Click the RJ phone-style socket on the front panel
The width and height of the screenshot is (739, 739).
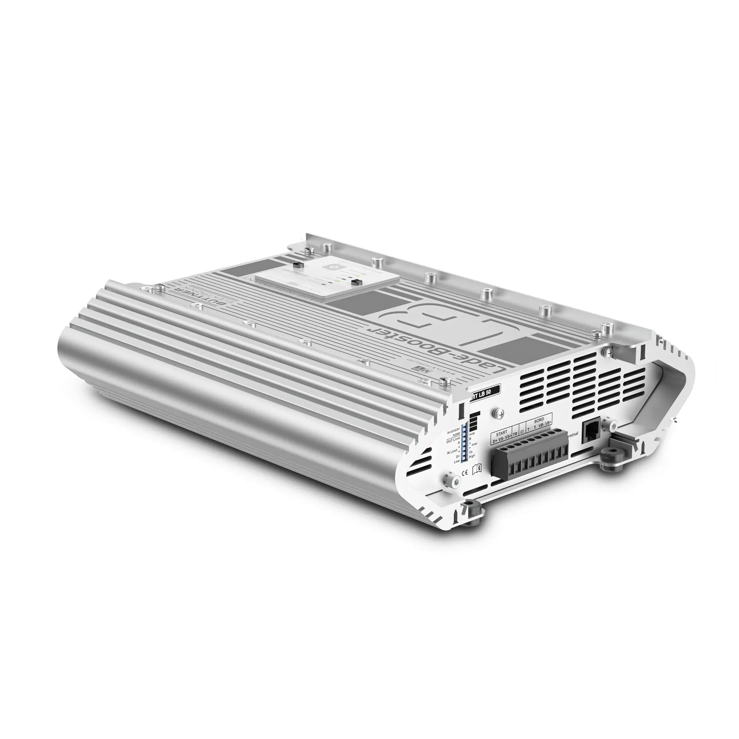589,433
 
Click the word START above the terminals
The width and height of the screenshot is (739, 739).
501,433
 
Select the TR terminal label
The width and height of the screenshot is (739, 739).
515,435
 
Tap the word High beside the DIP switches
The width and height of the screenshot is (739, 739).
472,456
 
